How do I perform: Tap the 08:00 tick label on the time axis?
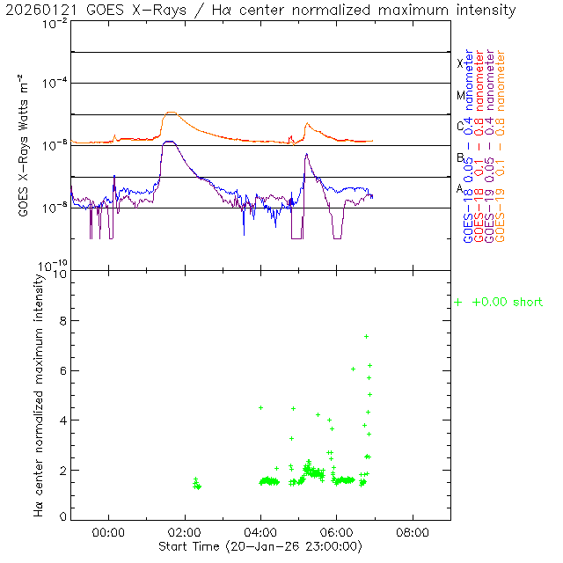coord(413,532)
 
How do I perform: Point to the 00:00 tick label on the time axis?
coord(108,532)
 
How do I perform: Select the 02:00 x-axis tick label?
coord(185,532)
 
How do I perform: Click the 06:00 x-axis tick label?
coord(337,532)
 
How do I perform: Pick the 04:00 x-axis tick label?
coord(260,532)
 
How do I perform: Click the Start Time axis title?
coord(260,546)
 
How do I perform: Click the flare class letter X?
coord(460,63)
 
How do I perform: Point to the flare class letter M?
coord(460,95)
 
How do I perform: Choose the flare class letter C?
coord(460,126)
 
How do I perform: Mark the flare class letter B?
coord(460,157)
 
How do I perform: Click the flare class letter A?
coord(460,188)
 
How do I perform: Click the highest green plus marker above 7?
coord(366,336)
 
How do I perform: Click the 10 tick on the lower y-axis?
coord(60,274)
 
